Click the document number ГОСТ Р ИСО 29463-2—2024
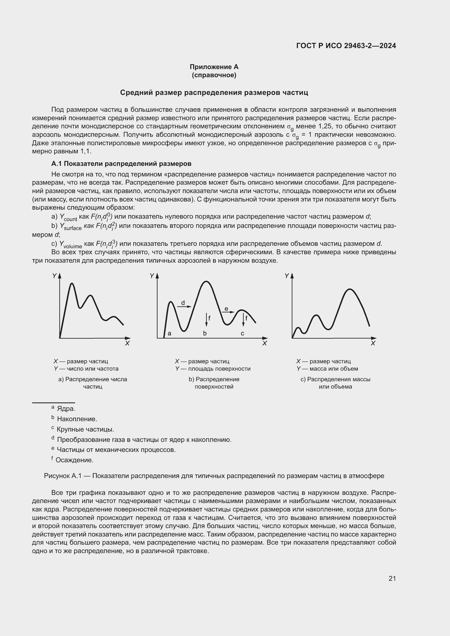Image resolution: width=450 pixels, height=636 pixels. (346, 46)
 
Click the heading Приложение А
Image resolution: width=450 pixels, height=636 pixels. (214, 67)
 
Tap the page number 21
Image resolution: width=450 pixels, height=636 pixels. (392, 578)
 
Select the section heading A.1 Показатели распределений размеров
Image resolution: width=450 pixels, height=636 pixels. (121, 164)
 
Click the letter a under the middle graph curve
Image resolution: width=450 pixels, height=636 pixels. (169, 334)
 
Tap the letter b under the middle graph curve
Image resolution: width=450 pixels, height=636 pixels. (205, 334)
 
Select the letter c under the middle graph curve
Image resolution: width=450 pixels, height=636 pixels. (242, 334)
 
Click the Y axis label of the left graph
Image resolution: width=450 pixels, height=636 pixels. (54, 276)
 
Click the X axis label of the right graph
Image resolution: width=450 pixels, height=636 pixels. (373, 343)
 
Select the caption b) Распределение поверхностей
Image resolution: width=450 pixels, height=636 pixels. (214, 383)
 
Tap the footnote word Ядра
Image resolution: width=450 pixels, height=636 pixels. (66, 409)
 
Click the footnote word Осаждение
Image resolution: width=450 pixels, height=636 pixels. (75, 460)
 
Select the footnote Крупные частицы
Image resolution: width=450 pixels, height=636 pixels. (85, 429)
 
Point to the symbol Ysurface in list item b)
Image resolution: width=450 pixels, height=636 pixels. (71, 227)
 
